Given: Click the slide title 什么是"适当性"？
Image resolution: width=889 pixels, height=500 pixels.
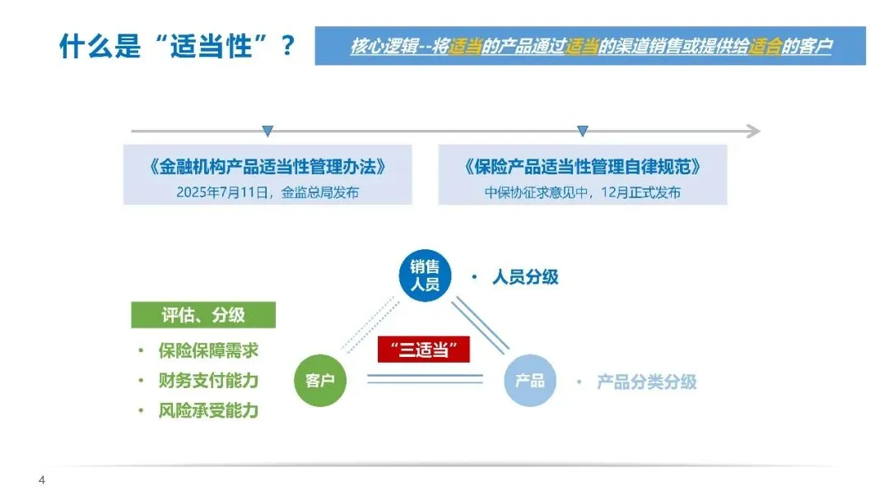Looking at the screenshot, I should pyautogui.click(x=177, y=46).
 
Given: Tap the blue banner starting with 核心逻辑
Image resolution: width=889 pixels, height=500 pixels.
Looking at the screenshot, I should pyautogui.click(x=589, y=46).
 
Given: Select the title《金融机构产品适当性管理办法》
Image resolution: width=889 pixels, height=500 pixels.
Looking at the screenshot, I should pyautogui.click(x=268, y=167).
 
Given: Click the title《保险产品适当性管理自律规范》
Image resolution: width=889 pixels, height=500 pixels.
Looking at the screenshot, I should pyautogui.click(x=583, y=167).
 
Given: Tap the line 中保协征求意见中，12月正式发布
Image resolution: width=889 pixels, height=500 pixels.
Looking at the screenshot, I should pyautogui.click(x=583, y=193).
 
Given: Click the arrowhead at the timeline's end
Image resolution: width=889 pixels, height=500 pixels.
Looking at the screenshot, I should pyautogui.click(x=753, y=131).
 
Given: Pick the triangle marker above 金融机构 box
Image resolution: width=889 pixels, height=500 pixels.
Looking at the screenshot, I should pyautogui.click(x=268, y=131).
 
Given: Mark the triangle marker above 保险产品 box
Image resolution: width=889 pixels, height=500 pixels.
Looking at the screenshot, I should pyautogui.click(x=583, y=131).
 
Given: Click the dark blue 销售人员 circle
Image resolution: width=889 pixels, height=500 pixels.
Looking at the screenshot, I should pyautogui.click(x=425, y=275).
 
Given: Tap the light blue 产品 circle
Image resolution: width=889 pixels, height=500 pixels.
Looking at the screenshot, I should pyautogui.click(x=529, y=381).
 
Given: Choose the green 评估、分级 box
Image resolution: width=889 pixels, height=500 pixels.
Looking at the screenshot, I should pyautogui.click(x=203, y=315).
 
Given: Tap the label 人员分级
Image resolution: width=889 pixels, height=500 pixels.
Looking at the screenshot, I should pyautogui.click(x=525, y=277).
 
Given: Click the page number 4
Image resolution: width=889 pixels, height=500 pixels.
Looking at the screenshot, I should pyautogui.click(x=42, y=480).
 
